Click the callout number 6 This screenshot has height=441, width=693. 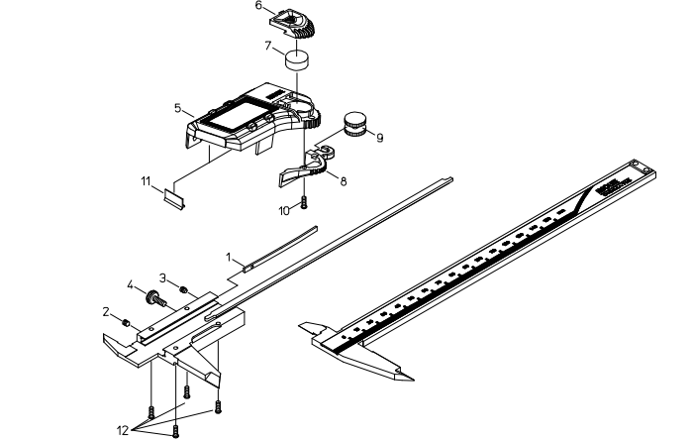point(259,6)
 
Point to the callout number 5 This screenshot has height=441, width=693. point(177,107)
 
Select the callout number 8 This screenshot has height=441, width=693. point(342,181)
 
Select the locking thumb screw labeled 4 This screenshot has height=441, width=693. point(153,296)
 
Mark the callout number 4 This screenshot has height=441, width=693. point(129,285)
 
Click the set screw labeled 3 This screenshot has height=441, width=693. point(184,289)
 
